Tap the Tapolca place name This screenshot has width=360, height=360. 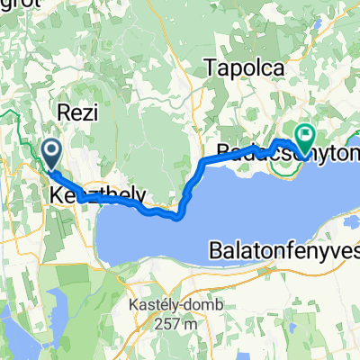(245, 67)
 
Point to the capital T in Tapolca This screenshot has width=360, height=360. (211, 67)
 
